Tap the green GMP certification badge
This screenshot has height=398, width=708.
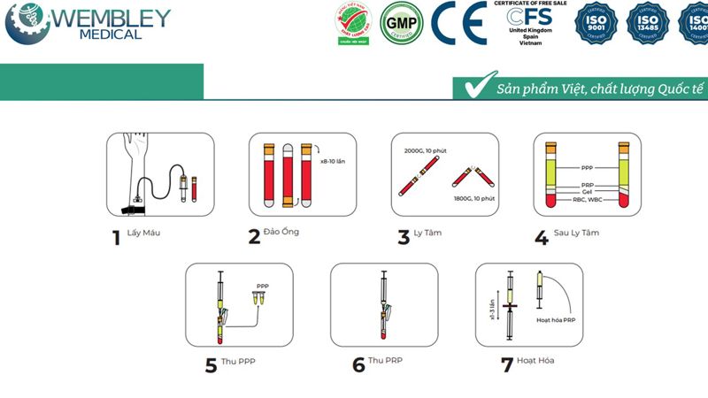point(401,24)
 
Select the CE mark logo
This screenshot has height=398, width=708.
point(458,24)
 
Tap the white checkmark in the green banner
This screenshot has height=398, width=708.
point(477,86)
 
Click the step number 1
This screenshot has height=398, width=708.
point(115,238)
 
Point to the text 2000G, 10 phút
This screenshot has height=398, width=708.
point(423,151)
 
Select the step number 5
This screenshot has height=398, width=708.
point(211,364)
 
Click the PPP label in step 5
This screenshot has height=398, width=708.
point(261,286)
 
